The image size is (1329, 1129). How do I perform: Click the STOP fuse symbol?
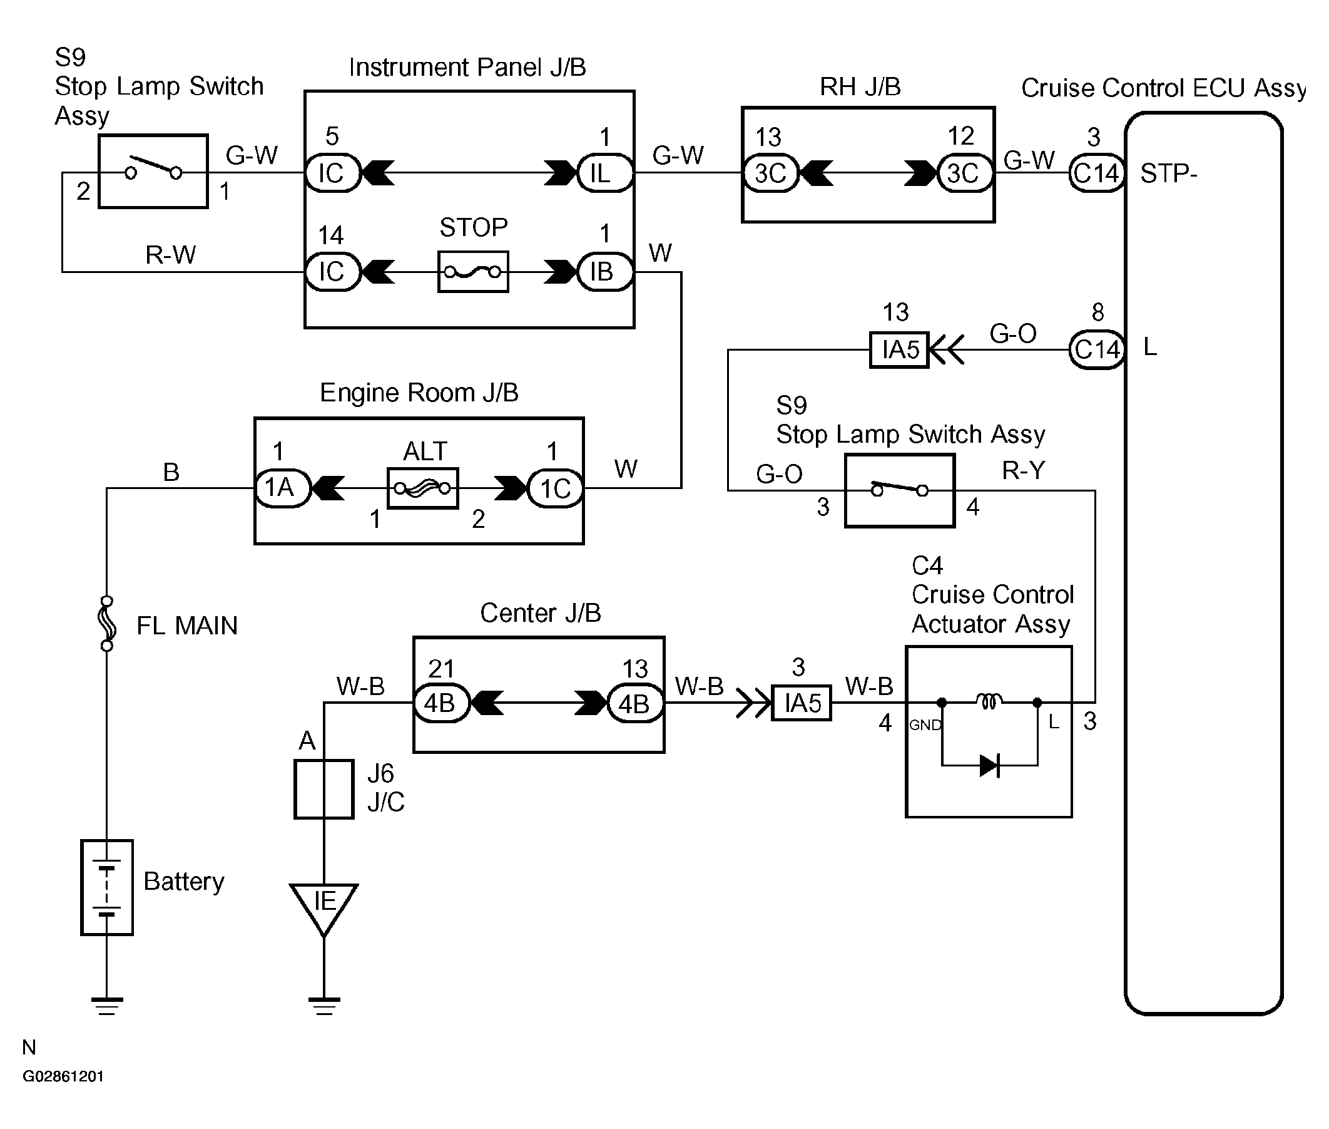click(x=472, y=272)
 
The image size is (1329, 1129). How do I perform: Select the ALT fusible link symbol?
click(x=423, y=488)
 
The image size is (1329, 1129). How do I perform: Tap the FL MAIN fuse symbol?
click(x=107, y=624)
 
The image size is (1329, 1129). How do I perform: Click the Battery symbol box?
click(x=107, y=887)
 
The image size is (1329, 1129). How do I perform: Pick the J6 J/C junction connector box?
click(x=323, y=788)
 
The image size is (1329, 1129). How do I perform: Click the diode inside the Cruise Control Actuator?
click(x=989, y=765)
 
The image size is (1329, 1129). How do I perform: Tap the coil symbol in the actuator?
click(x=989, y=701)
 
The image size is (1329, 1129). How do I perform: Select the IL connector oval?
click(x=604, y=173)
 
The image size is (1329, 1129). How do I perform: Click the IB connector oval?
click(x=604, y=272)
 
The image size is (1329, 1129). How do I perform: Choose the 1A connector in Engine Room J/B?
click(x=282, y=488)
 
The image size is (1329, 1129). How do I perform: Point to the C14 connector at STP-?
click(x=1096, y=173)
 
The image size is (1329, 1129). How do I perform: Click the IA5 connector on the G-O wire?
click(x=899, y=349)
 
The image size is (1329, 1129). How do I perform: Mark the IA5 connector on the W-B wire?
click(x=802, y=703)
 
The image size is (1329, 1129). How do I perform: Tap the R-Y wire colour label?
click(x=1023, y=470)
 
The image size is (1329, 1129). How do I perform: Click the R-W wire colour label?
click(x=170, y=255)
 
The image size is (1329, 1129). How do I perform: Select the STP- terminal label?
click(x=1168, y=173)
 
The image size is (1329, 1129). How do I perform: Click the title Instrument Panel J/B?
click(x=467, y=67)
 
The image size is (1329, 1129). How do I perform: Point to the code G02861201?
click(x=63, y=1076)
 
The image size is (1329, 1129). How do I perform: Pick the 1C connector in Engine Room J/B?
click(x=555, y=488)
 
